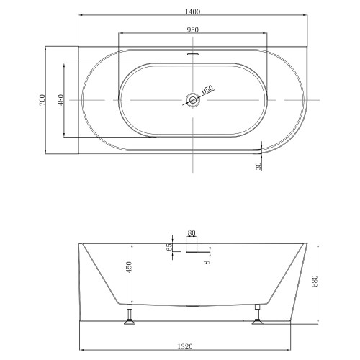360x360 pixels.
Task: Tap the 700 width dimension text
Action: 43,99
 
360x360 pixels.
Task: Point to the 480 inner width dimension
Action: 62,99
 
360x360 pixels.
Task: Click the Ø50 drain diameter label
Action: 207,90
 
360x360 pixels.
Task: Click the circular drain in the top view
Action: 192,99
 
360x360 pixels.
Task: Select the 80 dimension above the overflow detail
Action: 191,233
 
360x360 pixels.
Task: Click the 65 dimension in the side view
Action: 169,247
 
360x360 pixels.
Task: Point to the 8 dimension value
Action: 207,262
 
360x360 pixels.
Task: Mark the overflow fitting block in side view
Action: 192,247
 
